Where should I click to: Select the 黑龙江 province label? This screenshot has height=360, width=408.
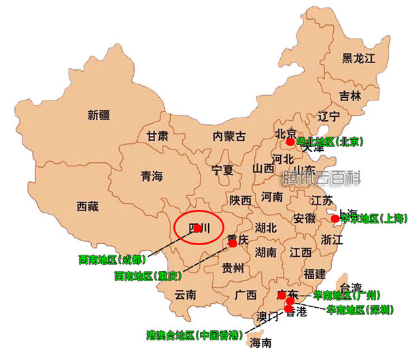(358, 58)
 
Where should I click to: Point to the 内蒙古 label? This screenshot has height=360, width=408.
(229, 136)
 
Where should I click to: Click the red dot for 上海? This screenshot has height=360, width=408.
(335, 218)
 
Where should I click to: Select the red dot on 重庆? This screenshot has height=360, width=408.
(232, 242)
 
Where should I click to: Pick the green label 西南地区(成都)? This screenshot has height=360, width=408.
(112, 259)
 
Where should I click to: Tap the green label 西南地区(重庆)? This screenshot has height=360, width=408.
(147, 276)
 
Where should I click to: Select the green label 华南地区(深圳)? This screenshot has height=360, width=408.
(359, 310)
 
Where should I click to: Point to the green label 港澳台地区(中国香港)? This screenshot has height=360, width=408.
(196, 335)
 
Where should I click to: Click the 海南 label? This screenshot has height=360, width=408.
(260, 342)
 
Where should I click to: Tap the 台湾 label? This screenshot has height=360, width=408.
(352, 287)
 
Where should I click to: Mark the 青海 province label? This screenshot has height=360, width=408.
(152, 177)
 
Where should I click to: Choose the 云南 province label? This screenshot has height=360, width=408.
(186, 295)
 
